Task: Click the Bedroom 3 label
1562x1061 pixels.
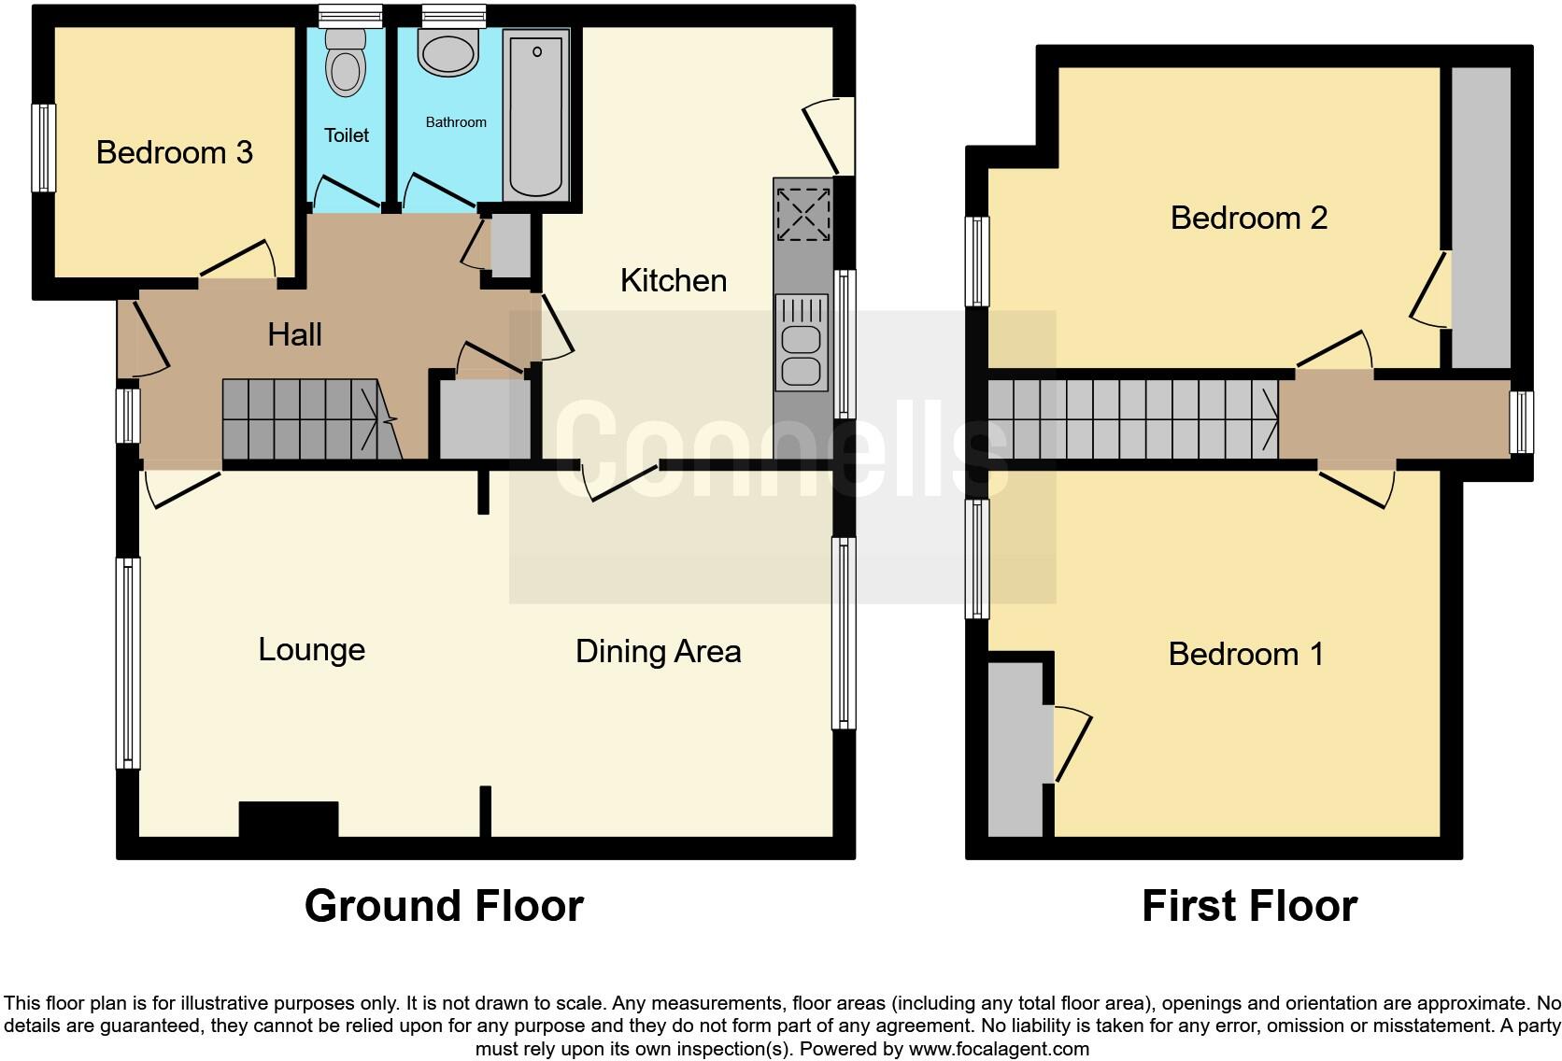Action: [175, 152]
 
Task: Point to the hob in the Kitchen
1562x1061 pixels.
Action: [802, 214]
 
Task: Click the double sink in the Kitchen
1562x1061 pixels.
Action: [802, 342]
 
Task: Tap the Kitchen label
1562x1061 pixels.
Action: [673, 280]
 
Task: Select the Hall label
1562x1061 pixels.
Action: [294, 334]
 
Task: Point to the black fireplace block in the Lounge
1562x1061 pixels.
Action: [288, 819]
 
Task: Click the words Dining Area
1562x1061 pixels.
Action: [658, 651]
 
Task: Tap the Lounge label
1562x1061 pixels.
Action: [311, 649]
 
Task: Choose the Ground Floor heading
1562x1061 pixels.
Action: [444, 906]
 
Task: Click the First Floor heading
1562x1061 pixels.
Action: [1249, 906]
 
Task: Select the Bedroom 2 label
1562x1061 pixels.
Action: [1248, 218]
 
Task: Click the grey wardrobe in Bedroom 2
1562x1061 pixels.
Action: [1481, 217]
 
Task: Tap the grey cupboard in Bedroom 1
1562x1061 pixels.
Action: [1015, 749]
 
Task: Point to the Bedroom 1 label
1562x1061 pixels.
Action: [1246, 654]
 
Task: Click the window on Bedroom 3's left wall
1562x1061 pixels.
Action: [43, 148]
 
